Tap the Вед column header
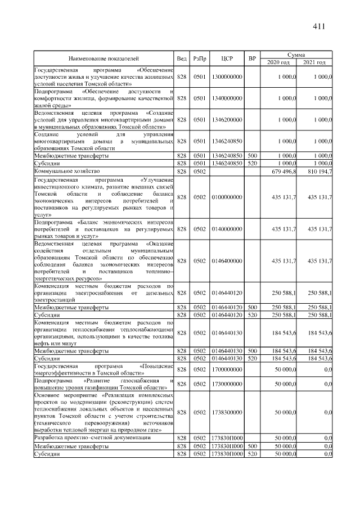[182, 58]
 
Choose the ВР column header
[253, 58]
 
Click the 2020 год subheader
[280, 61]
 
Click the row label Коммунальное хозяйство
[67, 170]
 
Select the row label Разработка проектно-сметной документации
[92, 437]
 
